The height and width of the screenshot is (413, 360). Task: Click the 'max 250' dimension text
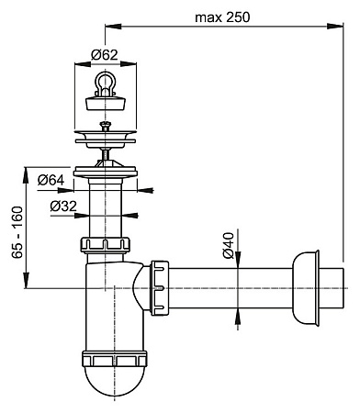click(x=223, y=17)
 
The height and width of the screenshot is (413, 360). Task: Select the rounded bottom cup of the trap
click(x=115, y=380)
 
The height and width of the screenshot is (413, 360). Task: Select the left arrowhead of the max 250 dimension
click(x=119, y=28)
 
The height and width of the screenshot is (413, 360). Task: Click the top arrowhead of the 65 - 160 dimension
click(x=31, y=170)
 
